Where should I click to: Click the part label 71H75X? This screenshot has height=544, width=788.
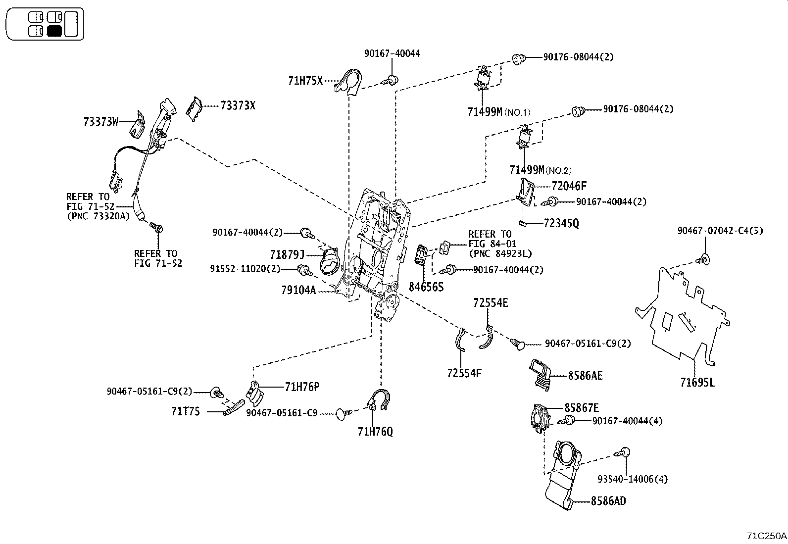click(305, 80)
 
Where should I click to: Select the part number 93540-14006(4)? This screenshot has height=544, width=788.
click(633, 479)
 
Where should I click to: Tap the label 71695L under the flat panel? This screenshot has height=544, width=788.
click(697, 382)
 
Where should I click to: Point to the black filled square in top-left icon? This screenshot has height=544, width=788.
click(54, 32)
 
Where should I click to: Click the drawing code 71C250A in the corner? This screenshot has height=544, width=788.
click(766, 536)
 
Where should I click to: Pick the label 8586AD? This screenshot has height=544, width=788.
click(608, 501)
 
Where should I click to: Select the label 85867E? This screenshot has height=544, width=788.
click(582, 408)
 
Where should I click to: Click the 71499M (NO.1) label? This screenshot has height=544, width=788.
click(498, 112)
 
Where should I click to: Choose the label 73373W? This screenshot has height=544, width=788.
click(101, 122)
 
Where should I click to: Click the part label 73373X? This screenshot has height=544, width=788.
click(238, 105)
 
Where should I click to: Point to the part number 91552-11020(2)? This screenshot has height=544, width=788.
click(245, 269)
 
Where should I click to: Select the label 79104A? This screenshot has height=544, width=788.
click(298, 291)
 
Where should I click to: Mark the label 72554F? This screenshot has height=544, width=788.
click(464, 373)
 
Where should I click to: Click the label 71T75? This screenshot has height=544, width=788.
click(186, 411)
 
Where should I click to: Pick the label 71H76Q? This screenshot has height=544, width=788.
click(375, 432)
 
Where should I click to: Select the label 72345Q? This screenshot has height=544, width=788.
click(561, 223)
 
